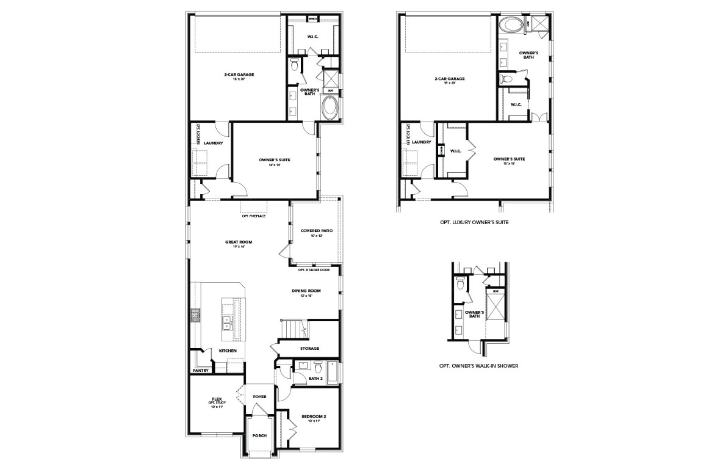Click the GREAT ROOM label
coord(238,242)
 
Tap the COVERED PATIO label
coord(315,230)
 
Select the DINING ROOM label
coord(306,291)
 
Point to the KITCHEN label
coord(211,351)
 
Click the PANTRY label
coord(201,370)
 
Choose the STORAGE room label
coord(309,348)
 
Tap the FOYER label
coord(260,396)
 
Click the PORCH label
coord(259,435)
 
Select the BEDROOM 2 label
coord(314,416)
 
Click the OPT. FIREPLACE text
coord(253,216)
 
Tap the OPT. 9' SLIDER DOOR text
coord(314,269)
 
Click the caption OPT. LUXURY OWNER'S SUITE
coord(474,223)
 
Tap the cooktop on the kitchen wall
coord(196,316)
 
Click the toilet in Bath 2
coord(317,366)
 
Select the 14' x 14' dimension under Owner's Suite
coord(274,165)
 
